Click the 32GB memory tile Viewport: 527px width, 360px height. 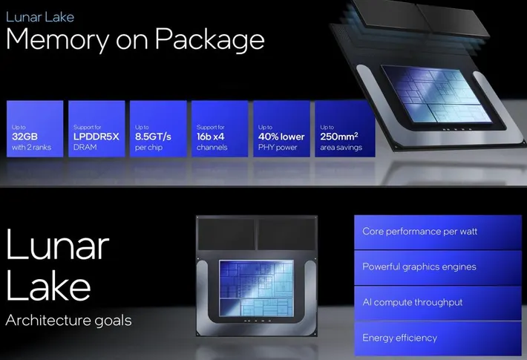coord(33,128)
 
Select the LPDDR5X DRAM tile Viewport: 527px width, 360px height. coord(96,128)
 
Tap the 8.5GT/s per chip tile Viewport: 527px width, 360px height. coord(157,128)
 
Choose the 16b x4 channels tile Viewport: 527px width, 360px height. coord(219,128)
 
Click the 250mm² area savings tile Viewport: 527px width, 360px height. coord(343,128)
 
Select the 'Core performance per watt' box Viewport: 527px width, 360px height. coord(438,232)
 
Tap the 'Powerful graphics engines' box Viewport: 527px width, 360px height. coord(438,267)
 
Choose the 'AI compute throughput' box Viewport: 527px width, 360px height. coord(438,302)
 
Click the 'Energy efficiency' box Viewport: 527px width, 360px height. coord(438,338)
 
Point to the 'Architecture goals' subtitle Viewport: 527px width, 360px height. coord(68,321)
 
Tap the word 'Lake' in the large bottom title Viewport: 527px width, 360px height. coord(49,287)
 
